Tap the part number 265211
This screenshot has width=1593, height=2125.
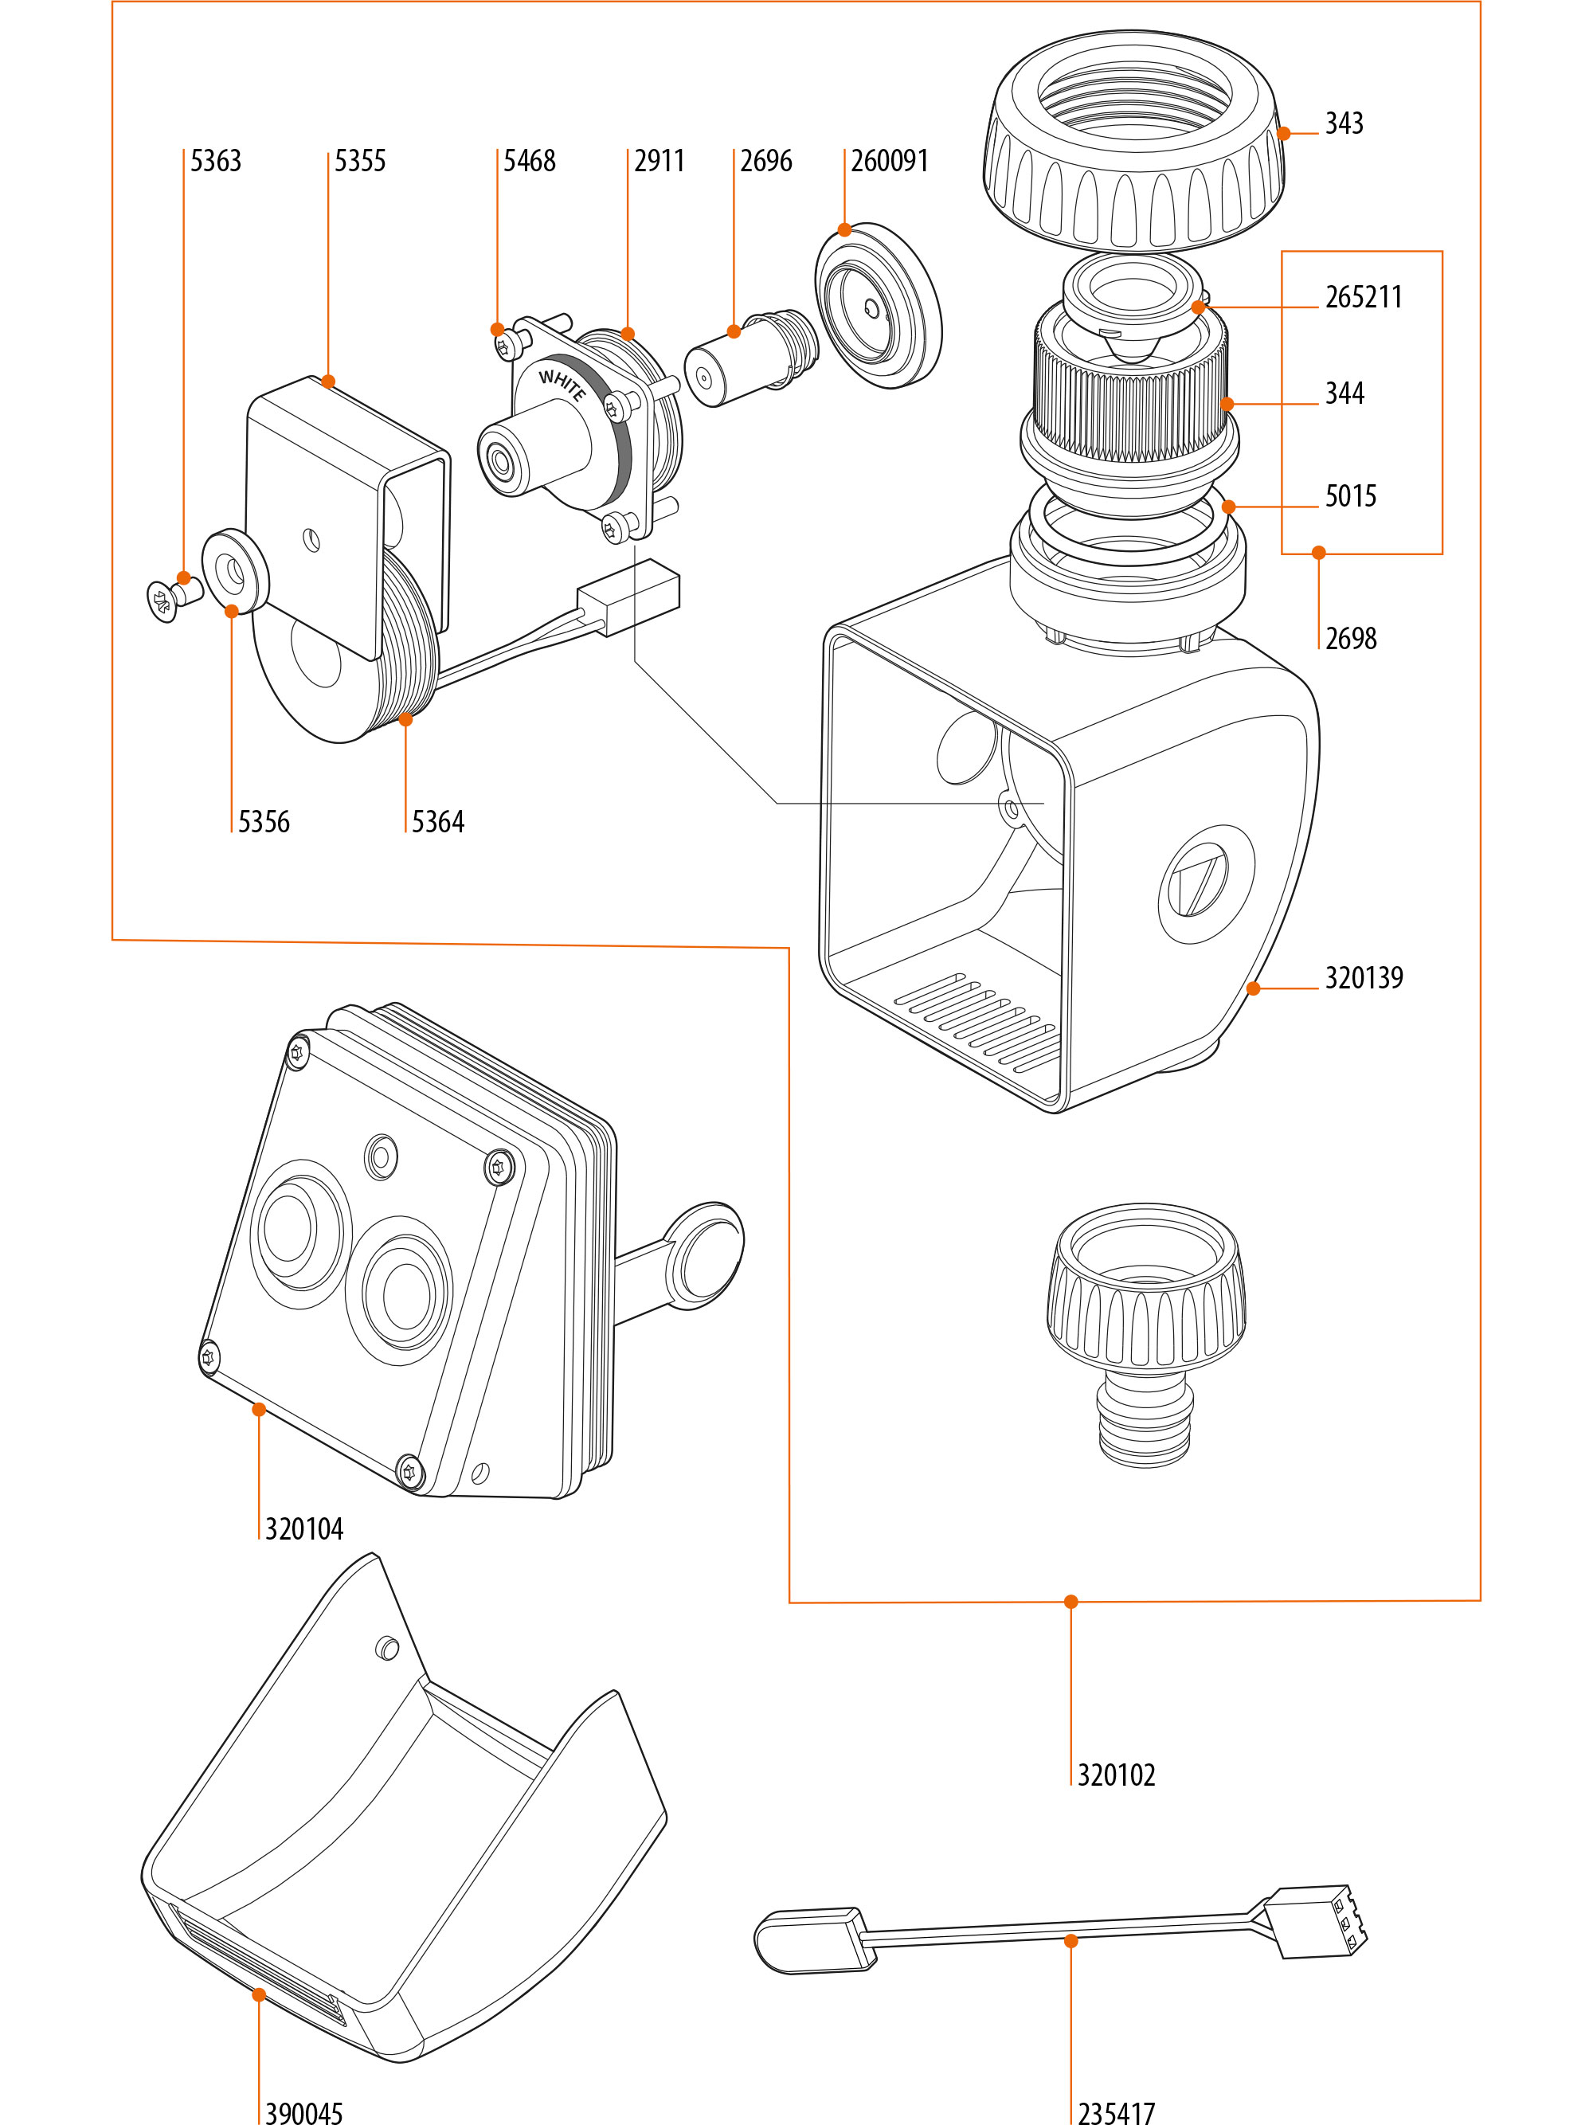click(x=1364, y=297)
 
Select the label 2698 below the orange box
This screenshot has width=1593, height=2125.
click(x=1350, y=638)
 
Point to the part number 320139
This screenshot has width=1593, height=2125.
click(x=1364, y=977)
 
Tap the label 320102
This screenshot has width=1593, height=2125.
click(x=1115, y=1775)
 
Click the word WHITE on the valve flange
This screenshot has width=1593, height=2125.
click(x=562, y=386)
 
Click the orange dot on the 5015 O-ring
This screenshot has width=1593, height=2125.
click(x=1228, y=507)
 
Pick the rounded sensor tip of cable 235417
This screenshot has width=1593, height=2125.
click(x=805, y=1940)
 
